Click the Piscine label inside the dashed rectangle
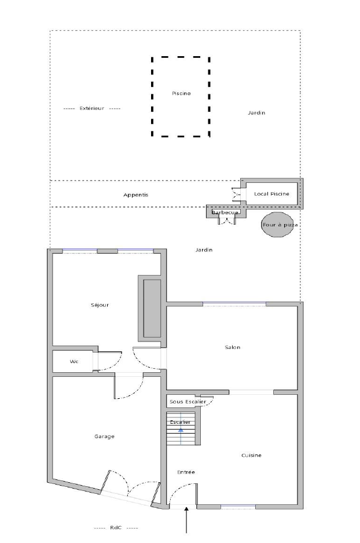pyautogui.click(x=181, y=94)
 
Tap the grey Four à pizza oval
pyautogui.click(x=277, y=225)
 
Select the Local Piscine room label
pyautogui.click(x=271, y=194)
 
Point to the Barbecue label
pyautogui.click(x=225, y=212)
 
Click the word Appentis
pyautogui.click(x=135, y=195)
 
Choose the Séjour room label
pyautogui.click(x=100, y=305)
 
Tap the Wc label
pyautogui.click(x=74, y=362)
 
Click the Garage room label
pyautogui.click(x=104, y=436)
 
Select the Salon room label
pyautogui.click(x=233, y=347)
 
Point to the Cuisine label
pyautogui.click(x=251, y=456)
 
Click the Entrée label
pyautogui.click(x=186, y=472)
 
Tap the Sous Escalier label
pyautogui.click(x=188, y=402)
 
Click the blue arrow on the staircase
pyautogui.click(x=181, y=430)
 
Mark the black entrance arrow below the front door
pyautogui.click(x=186, y=520)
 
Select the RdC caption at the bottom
pyautogui.click(x=116, y=528)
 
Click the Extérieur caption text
pyautogui.click(x=91, y=108)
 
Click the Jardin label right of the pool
pyautogui.click(x=256, y=113)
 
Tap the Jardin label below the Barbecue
pyautogui.click(x=204, y=250)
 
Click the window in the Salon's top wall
pyautogui.click(x=234, y=304)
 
